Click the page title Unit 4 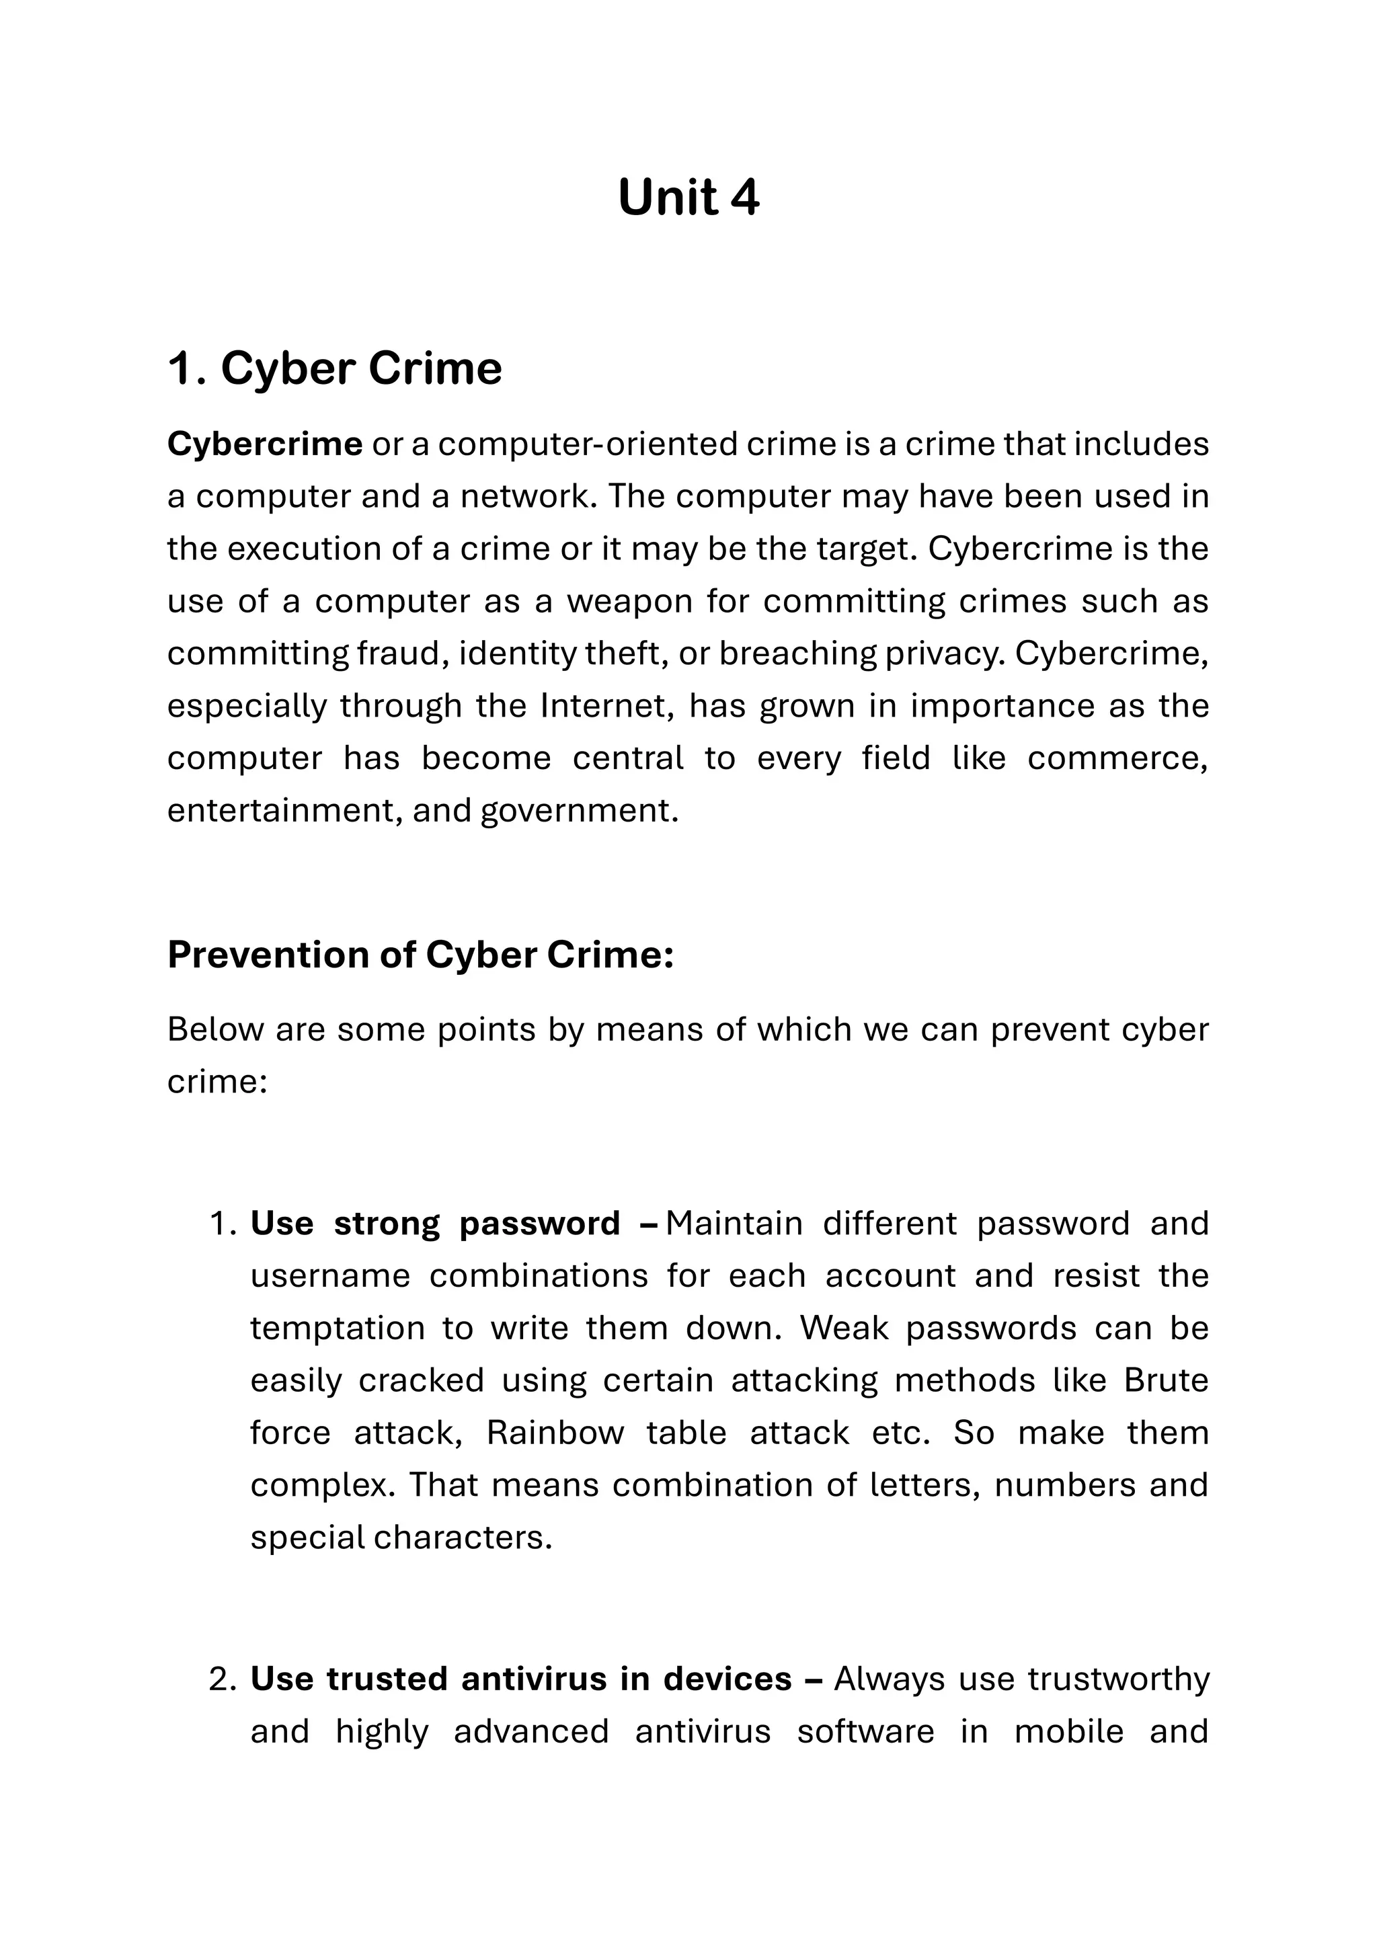click(688, 198)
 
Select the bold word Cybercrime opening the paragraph click(264, 444)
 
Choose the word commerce click(1117, 758)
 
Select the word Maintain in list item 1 click(734, 1224)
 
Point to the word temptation click(338, 1328)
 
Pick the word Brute click(1166, 1380)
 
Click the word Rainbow click(555, 1433)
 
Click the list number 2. click(221, 1679)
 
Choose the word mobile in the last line click(1068, 1732)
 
